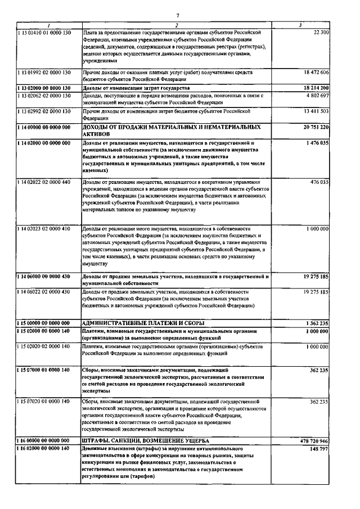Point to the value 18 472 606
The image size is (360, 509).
pos(316,73)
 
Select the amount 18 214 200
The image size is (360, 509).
pos(316,88)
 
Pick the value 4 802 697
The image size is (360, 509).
pos(317,96)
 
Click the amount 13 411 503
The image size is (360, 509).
pos(316,112)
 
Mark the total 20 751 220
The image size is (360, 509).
pos(316,128)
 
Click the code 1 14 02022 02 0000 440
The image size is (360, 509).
pos(43,182)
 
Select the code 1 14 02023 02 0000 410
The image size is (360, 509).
pos(43,229)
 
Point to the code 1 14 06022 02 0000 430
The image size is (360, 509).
pos(43,292)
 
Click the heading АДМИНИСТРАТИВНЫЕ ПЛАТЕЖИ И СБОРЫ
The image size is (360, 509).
pos(143,323)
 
